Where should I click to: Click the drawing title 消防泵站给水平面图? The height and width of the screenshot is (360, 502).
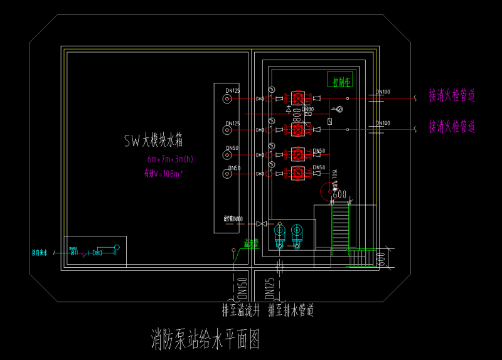205,340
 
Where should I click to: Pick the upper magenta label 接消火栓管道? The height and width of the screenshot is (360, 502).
452,96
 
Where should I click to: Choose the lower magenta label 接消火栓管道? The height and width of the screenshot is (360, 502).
452,127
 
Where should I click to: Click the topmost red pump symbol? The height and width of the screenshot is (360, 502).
298,98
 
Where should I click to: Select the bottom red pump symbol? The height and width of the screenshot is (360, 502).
298,172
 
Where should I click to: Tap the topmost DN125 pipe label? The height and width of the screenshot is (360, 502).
233,91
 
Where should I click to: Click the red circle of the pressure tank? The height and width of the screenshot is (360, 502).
330,192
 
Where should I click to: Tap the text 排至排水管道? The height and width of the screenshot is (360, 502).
291,310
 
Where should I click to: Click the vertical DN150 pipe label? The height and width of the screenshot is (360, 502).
242,289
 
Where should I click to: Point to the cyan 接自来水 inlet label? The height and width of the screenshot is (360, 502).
40,253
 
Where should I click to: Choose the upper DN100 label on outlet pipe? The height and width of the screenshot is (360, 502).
383,92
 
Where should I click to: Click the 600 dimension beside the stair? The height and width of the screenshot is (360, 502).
380,257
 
